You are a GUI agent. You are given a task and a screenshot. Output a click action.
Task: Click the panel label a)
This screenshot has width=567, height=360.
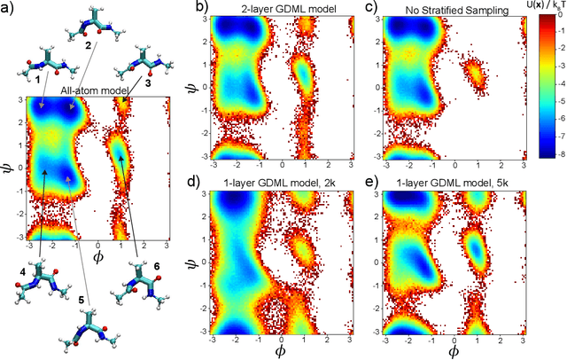point(8,9)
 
